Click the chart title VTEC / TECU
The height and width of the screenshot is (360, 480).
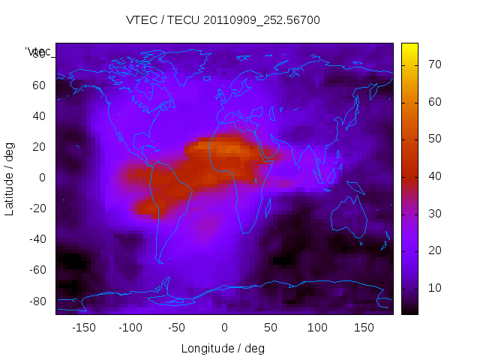[x=223, y=20]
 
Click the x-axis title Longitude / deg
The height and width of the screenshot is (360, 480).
[x=223, y=348]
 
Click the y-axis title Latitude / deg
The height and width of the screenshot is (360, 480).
[x=10, y=178]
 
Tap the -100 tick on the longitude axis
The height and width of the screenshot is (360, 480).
[x=130, y=328]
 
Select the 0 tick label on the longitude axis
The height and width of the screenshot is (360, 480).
[x=223, y=328]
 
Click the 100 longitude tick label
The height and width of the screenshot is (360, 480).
[x=317, y=328]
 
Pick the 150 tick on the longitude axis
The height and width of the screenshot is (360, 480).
[x=364, y=328]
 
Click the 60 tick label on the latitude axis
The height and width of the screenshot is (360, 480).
[x=39, y=85]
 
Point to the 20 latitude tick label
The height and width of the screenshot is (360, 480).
[x=39, y=147]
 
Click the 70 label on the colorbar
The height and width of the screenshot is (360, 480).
[x=433, y=65]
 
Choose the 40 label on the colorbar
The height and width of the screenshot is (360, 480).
[x=433, y=176]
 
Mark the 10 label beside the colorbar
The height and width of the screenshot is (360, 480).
[x=433, y=288]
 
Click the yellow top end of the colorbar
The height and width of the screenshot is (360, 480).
[x=409, y=46]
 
